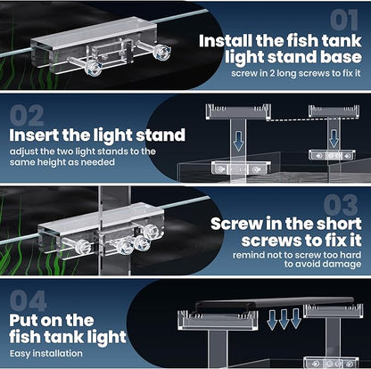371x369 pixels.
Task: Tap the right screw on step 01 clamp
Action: click(x=161, y=53)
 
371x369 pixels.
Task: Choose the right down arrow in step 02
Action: click(x=333, y=137)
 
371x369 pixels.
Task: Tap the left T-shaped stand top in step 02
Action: click(x=237, y=111)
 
